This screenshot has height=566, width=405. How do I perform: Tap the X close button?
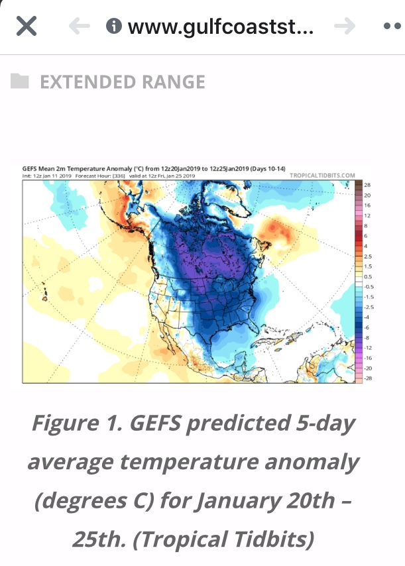tap(27, 27)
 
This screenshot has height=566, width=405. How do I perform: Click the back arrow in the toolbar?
tap(79, 27)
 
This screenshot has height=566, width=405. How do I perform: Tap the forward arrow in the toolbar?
tap(344, 27)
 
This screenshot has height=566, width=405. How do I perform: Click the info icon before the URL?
tap(114, 27)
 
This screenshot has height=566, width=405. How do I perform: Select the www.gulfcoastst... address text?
tap(219, 27)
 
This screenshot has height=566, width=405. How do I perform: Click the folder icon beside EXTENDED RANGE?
tap(20, 82)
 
